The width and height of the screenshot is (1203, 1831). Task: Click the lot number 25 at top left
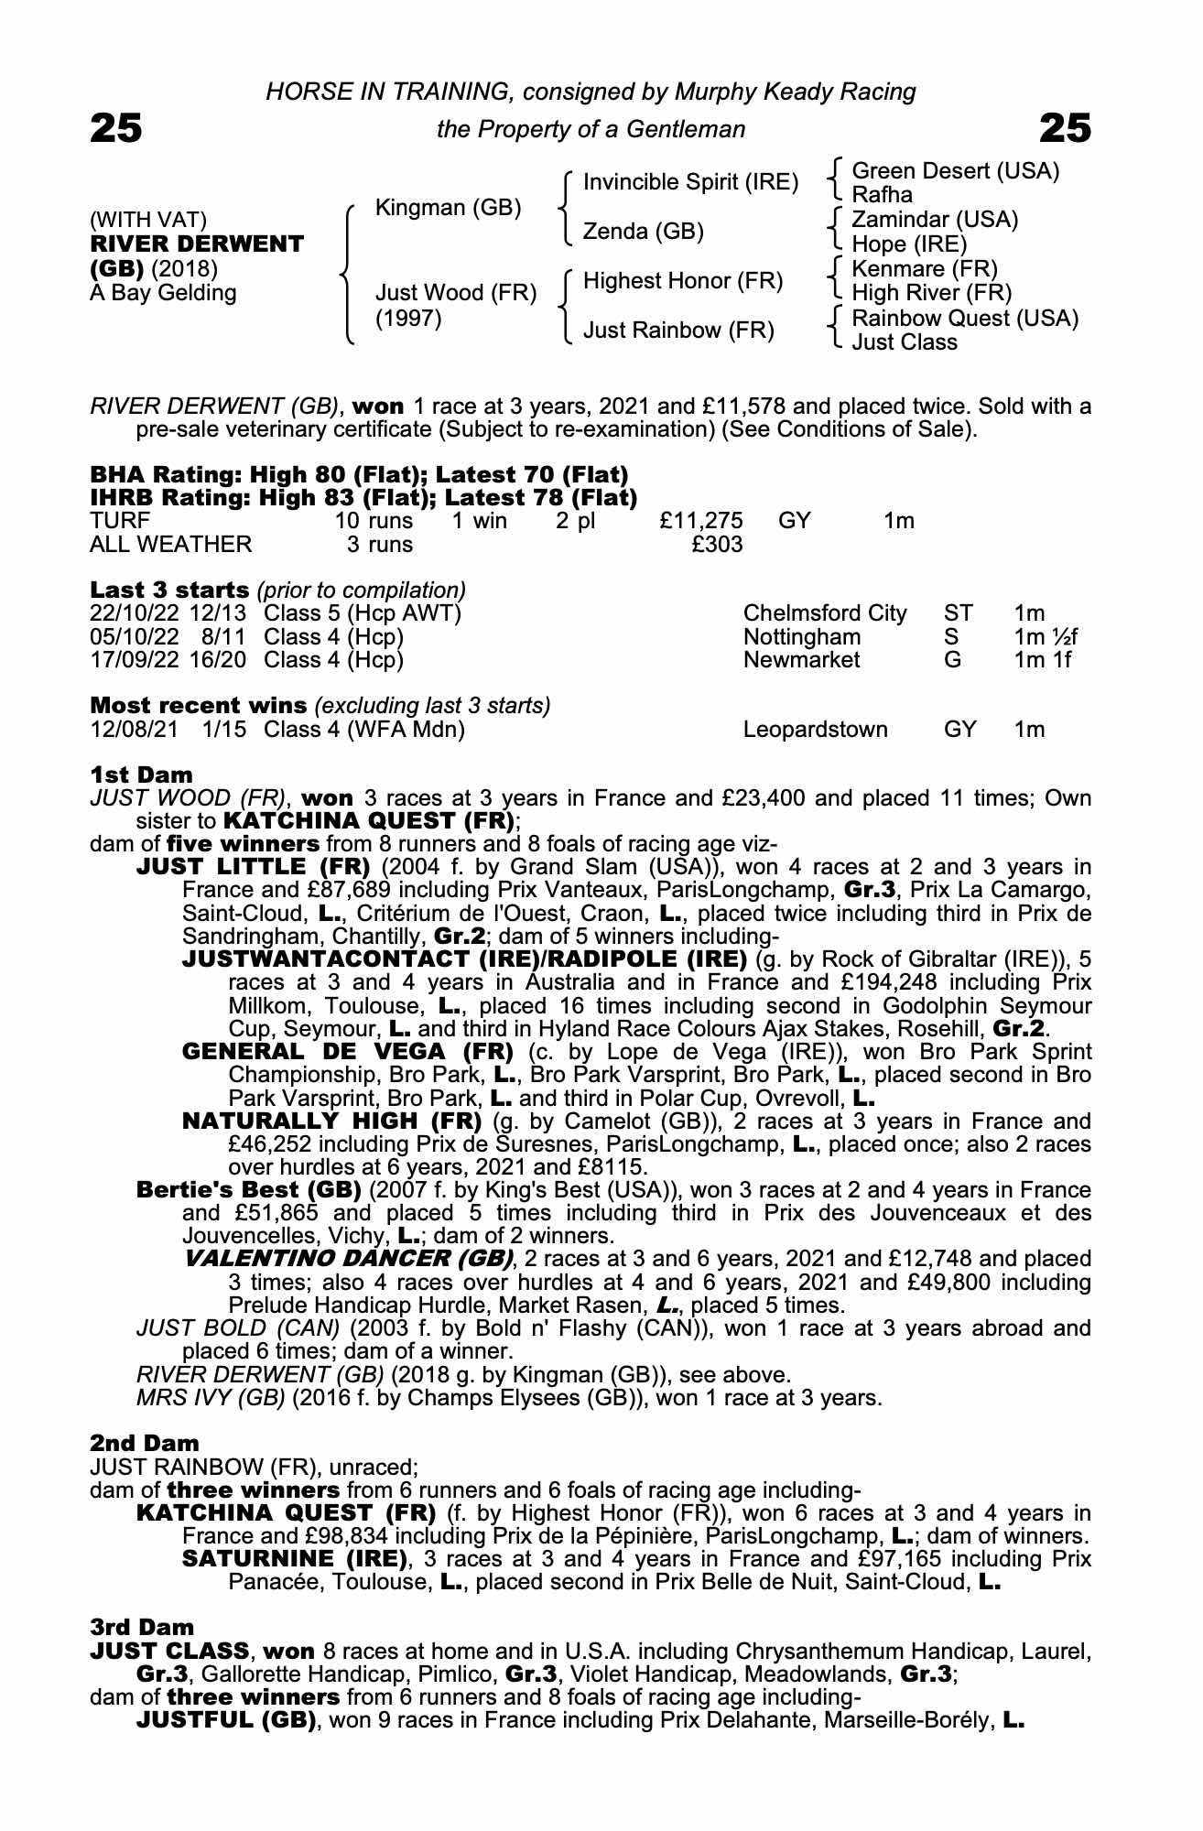coord(116,128)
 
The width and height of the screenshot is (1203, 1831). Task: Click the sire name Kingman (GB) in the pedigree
coord(448,208)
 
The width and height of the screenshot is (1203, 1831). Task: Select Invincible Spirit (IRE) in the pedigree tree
coord(690,182)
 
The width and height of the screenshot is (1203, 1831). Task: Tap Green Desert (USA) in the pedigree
coord(955,171)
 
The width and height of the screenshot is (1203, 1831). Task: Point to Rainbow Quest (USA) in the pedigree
coord(965,319)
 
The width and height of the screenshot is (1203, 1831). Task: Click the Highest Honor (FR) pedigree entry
coord(683,281)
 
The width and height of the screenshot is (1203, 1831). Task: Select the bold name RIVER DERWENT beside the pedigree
coord(197,244)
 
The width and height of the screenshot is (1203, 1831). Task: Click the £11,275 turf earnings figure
coord(701,521)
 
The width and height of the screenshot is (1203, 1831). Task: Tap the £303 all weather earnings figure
coord(717,545)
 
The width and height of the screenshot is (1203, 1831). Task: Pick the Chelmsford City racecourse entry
coord(825,613)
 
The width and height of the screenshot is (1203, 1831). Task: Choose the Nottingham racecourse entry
coord(802,636)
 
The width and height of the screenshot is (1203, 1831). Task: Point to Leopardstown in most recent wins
coord(816,730)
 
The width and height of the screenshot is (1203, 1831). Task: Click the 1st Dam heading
coord(141,775)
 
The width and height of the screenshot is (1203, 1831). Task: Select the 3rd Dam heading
coord(142,1627)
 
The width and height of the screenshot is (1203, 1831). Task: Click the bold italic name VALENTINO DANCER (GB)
coord(349,1259)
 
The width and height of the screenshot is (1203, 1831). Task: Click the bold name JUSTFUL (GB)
coord(226,1719)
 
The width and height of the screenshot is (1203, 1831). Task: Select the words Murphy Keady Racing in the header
coord(795,92)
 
